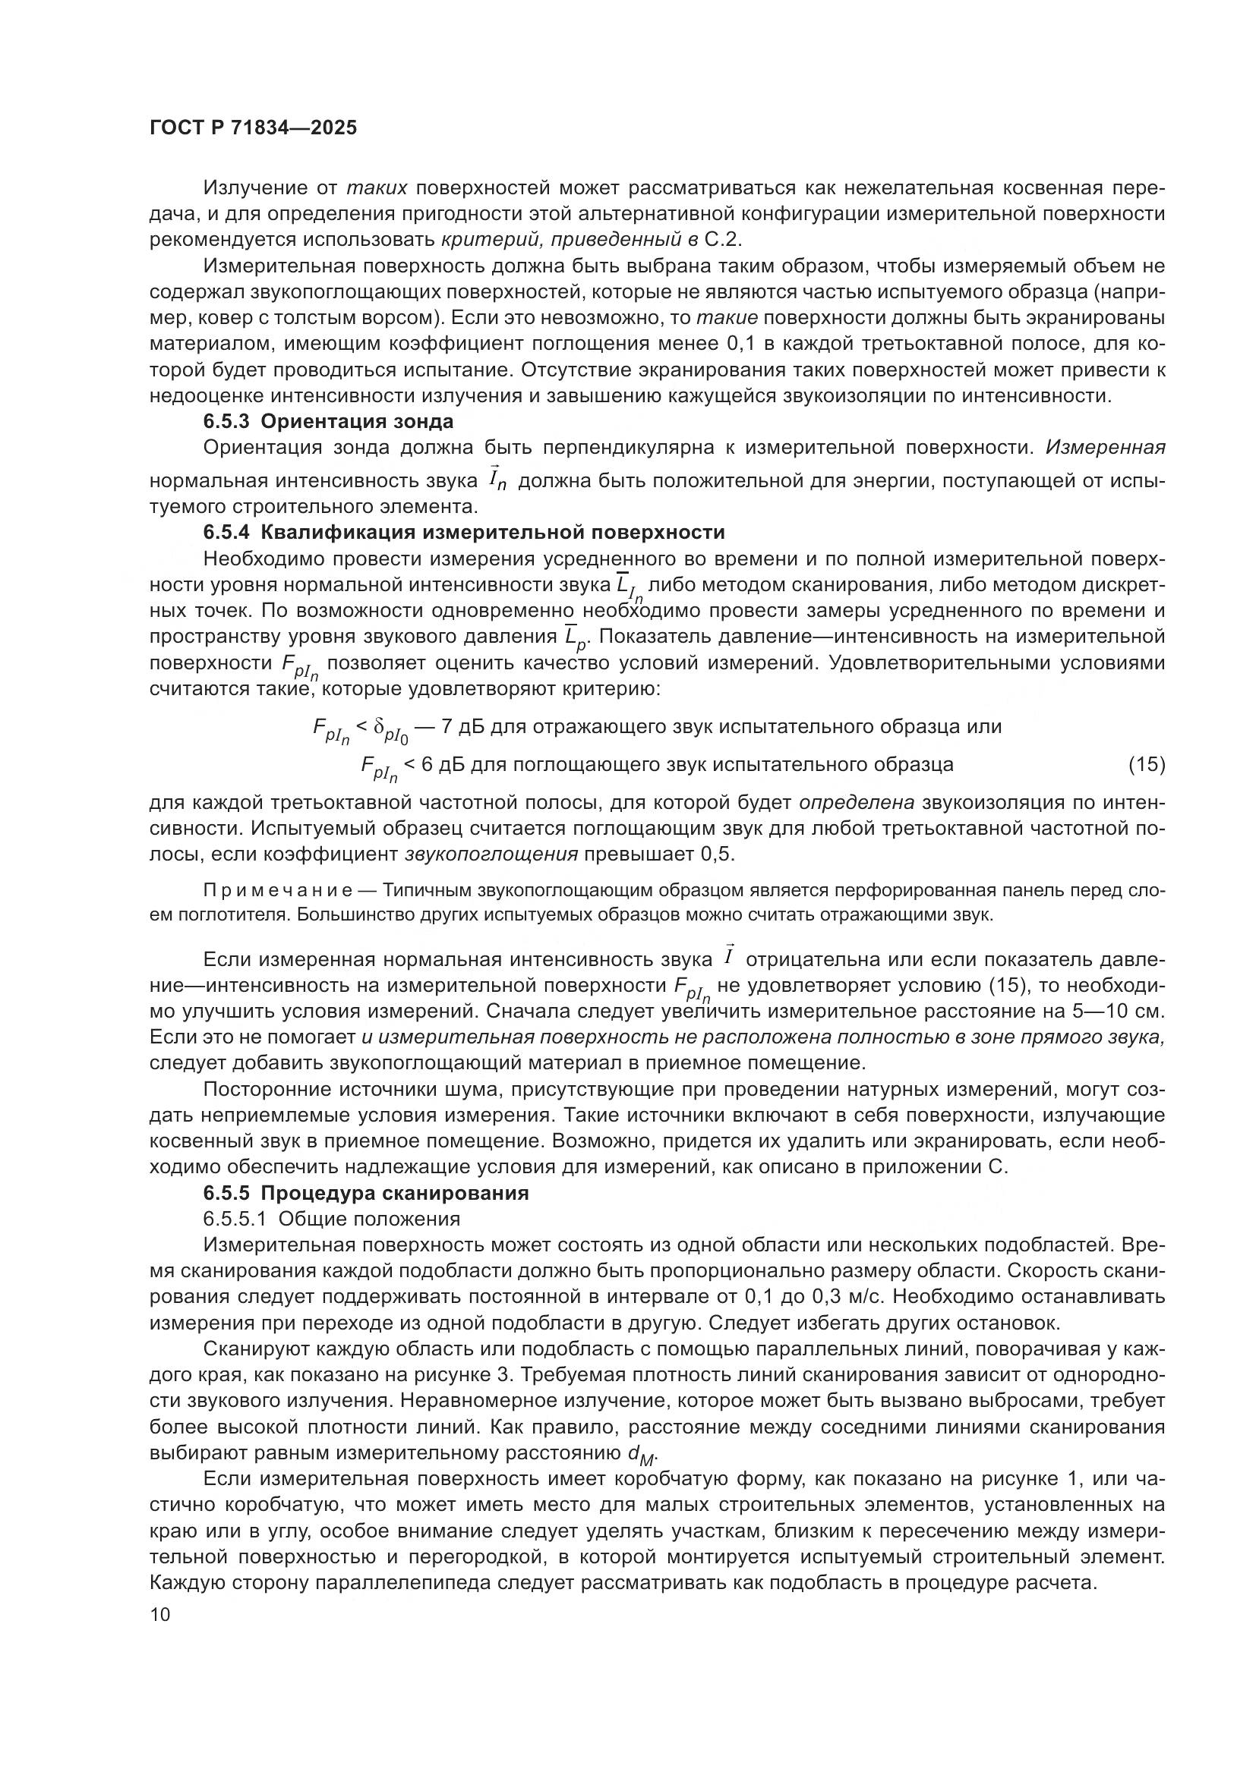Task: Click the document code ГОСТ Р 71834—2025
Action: coord(253,128)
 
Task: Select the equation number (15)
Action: coord(1146,765)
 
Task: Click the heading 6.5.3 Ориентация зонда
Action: coord(328,421)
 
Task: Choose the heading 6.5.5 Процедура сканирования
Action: coord(366,1193)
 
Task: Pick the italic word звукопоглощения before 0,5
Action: coord(491,855)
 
